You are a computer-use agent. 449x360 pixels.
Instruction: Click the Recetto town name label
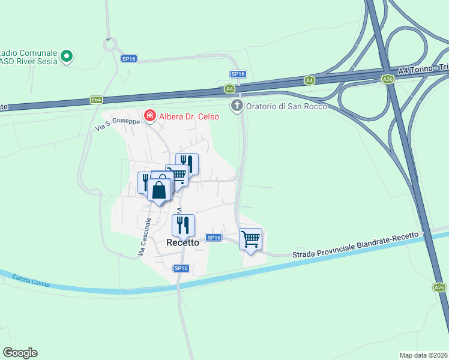point(182,242)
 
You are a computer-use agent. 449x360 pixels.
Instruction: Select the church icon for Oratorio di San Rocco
point(237,106)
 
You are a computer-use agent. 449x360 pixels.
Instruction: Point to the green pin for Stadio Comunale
point(67,57)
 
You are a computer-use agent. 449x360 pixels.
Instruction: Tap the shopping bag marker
point(159,190)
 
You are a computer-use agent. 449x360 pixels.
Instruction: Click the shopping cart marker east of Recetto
point(250,239)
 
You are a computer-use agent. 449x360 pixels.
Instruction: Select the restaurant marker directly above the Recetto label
point(183,225)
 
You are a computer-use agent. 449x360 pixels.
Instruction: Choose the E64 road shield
point(96,100)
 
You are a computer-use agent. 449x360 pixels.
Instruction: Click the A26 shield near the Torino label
point(388,79)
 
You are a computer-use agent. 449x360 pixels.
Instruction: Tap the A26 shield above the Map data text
point(440,287)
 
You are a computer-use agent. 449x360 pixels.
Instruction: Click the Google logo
point(20,353)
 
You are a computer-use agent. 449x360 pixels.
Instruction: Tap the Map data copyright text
point(423,355)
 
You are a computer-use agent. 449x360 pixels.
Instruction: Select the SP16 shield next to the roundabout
point(129,58)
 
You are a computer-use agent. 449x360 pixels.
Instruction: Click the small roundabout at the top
point(109,44)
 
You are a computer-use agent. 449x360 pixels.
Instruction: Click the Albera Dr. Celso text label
point(188,116)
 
